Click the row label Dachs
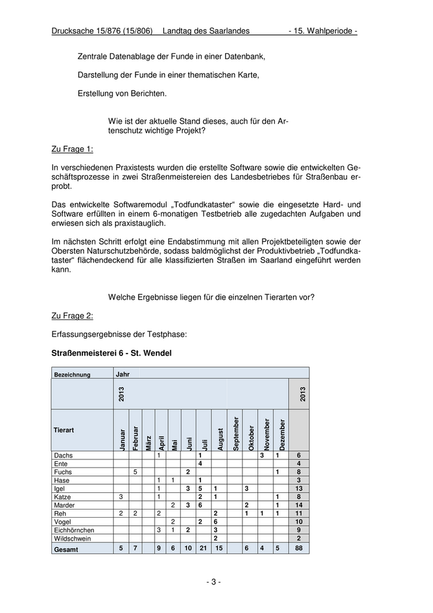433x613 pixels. pyautogui.click(x=64, y=455)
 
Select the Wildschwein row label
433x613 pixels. pyautogui.click(x=72, y=539)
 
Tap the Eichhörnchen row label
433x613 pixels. pyautogui.click(x=74, y=530)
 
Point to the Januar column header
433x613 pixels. pyautogui.click(x=121, y=438)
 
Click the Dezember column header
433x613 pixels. pyautogui.click(x=282, y=433)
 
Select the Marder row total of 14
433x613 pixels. pyautogui.click(x=299, y=505)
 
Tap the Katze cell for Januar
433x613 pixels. pyautogui.click(x=121, y=497)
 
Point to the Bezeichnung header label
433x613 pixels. pyautogui.click(x=72, y=375)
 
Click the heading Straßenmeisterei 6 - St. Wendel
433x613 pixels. pyautogui.click(x=111, y=353)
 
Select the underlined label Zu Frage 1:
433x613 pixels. pyautogui.click(x=72, y=149)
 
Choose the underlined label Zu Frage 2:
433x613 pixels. pyautogui.click(x=72, y=316)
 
